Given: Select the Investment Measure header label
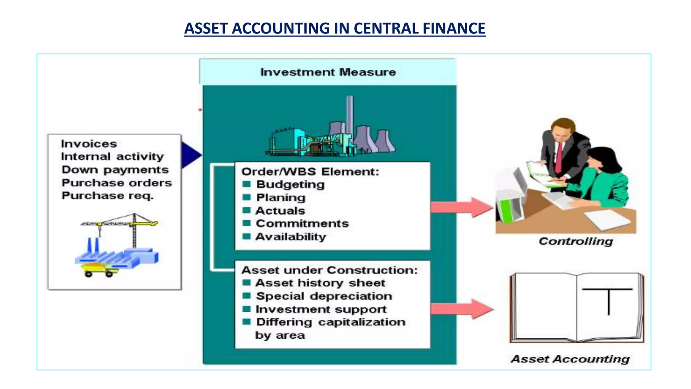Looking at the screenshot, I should coord(328,72).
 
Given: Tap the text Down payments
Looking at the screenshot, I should coord(115,170).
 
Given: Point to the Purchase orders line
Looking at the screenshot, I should coord(117,183).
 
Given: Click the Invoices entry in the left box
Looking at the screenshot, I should coord(89,144).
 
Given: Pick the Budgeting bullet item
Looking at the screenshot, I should coord(290,184).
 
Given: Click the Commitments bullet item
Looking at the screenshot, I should coord(302,224).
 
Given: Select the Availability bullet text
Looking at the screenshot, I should coord(291,237).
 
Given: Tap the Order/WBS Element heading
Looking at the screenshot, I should coord(310,172).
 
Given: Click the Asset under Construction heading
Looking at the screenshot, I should coord(329,270).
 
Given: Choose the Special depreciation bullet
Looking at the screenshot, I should coord(324,296).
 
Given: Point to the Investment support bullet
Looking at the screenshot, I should coord(321,309).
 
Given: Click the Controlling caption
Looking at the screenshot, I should coord(576,241).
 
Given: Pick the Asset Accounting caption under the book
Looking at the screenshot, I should coord(570,359).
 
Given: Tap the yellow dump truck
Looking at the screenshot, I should coord(98,269).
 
